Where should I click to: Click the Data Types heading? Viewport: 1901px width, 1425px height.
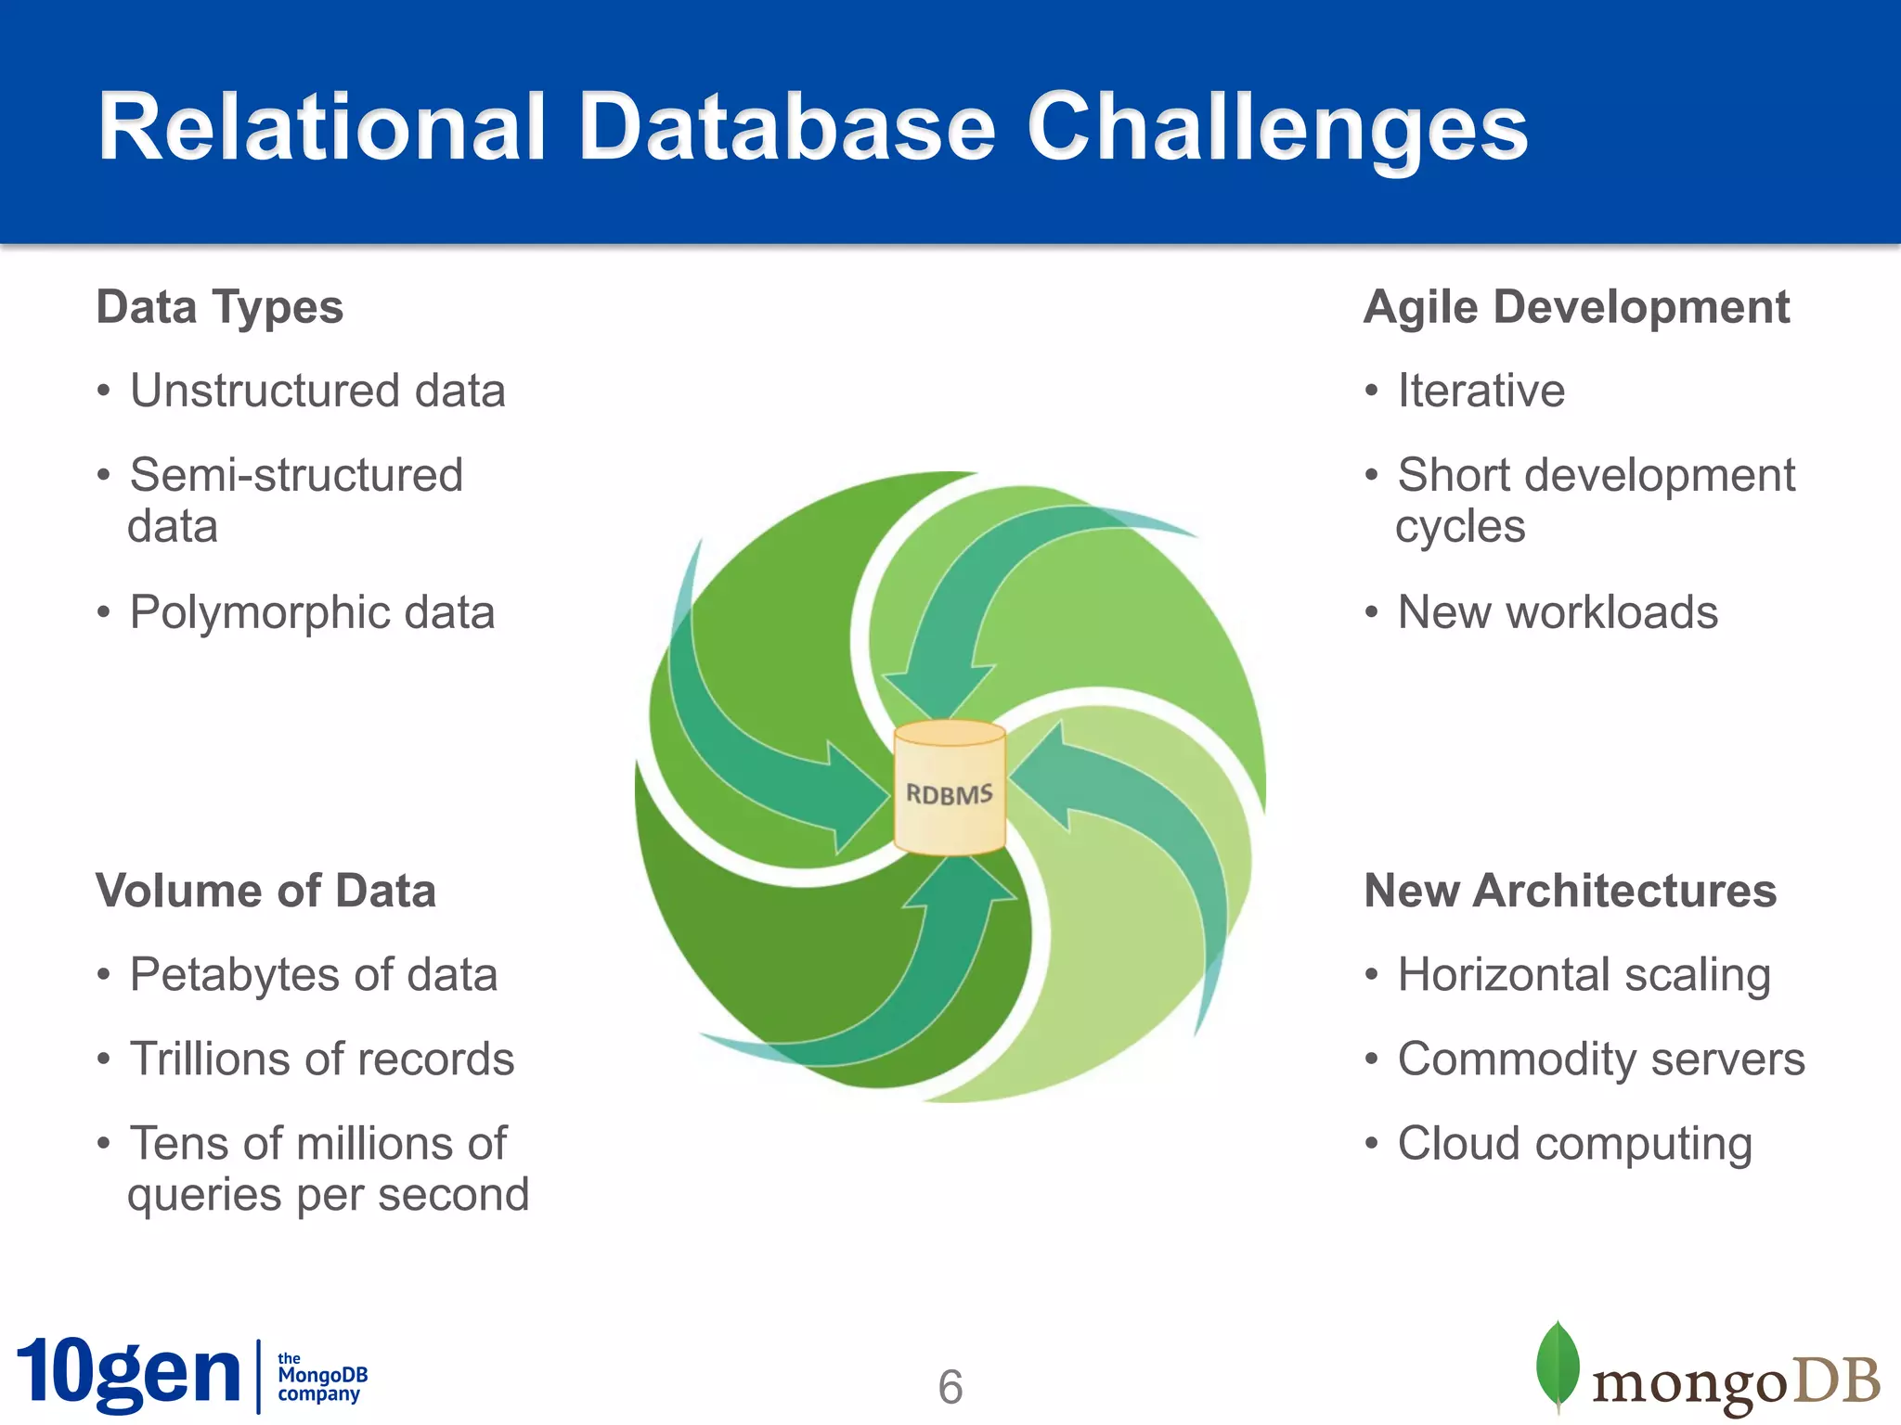(220, 307)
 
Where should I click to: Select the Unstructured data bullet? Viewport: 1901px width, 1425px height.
(317, 391)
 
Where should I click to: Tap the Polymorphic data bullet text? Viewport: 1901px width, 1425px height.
(312, 612)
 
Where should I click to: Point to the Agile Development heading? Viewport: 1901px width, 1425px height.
(1576, 307)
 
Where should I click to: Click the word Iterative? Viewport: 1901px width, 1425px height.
(1481, 391)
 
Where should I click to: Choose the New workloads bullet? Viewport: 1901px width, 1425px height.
(1558, 612)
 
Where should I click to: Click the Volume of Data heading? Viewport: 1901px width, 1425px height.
(266, 891)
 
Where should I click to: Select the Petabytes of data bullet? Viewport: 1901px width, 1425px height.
(314, 975)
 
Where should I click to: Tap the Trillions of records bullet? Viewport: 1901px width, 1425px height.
(321, 1059)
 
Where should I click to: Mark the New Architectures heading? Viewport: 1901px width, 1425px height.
(1570, 891)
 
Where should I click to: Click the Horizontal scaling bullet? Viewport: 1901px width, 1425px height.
(1584, 975)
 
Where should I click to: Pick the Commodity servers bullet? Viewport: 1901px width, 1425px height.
(1600, 1059)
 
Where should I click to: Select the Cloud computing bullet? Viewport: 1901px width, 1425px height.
(1574, 1144)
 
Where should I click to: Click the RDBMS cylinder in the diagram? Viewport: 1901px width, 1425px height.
(949, 789)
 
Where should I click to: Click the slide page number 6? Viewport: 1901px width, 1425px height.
(950, 1387)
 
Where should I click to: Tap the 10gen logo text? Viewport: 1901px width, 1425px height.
(128, 1374)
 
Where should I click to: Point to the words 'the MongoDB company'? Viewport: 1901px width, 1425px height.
(321, 1376)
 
